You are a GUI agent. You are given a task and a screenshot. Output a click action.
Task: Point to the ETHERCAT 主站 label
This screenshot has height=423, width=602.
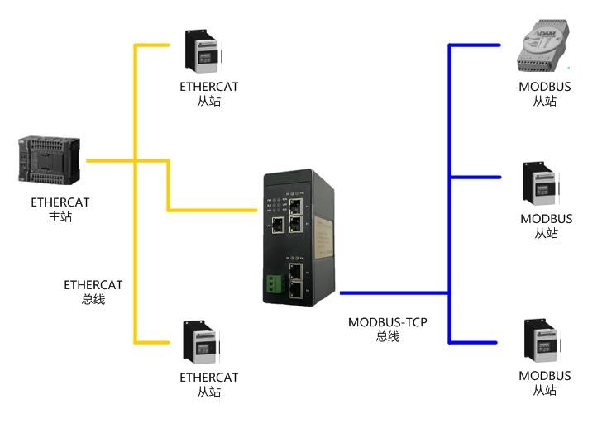coord(60,209)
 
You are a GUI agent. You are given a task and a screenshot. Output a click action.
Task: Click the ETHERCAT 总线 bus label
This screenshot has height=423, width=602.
coord(93,292)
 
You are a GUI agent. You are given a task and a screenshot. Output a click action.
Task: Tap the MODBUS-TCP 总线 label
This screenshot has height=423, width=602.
coord(387,329)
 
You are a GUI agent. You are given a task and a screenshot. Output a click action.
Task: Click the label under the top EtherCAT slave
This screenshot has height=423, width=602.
coord(208,93)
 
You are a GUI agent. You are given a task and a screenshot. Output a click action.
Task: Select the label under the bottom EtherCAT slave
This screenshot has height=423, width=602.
coord(208,384)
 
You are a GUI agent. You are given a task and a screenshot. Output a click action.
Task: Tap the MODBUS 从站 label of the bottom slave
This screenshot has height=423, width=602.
coord(544,383)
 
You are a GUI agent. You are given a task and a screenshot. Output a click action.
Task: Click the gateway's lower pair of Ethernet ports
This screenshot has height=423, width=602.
coord(296,281)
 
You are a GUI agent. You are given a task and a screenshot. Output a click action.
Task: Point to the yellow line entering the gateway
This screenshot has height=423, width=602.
coord(215,210)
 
